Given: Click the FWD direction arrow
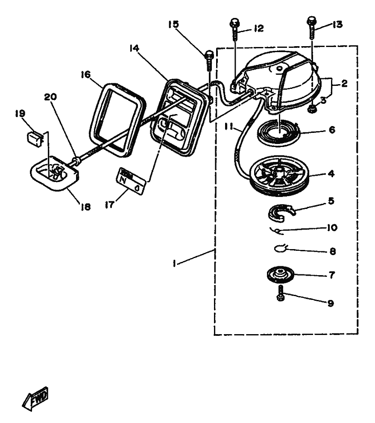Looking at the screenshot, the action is (35, 399).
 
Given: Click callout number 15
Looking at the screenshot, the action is (173, 24).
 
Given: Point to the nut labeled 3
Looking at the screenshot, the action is (312, 109).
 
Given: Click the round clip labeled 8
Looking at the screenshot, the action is (280, 248).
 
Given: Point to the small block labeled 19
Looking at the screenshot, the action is (35, 139).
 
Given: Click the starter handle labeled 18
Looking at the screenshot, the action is (54, 173).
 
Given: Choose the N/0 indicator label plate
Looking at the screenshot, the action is (131, 180).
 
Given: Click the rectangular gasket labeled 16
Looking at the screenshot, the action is (117, 120).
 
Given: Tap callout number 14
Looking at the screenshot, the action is (134, 48).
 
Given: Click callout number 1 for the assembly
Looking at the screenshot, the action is (174, 263).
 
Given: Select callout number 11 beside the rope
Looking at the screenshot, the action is (229, 126).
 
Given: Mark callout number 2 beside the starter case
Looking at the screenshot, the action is (344, 84).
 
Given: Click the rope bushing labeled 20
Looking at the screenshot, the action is (76, 161).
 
